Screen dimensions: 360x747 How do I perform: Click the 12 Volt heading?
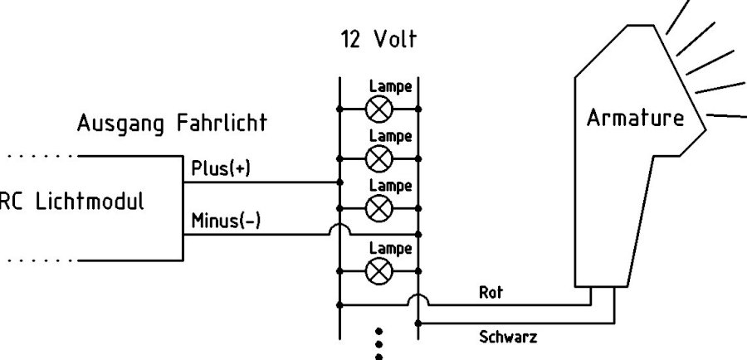[x=378, y=40]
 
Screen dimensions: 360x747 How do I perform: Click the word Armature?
[x=635, y=119]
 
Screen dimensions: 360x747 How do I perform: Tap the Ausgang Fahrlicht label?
[x=172, y=124]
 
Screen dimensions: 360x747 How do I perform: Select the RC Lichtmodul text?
[x=71, y=202]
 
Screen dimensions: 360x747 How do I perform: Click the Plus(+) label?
[x=220, y=168]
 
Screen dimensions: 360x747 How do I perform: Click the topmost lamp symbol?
[x=379, y=109]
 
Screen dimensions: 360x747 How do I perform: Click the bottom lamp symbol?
[x=379, y=270]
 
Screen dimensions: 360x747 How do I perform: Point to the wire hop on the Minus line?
[x=339, y=230]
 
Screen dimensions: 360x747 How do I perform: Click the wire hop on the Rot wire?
[x=417, y=299]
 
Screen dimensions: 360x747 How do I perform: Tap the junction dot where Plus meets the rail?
[x=339, y=182]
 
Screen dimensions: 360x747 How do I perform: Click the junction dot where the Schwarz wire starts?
[x=417, y=320]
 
